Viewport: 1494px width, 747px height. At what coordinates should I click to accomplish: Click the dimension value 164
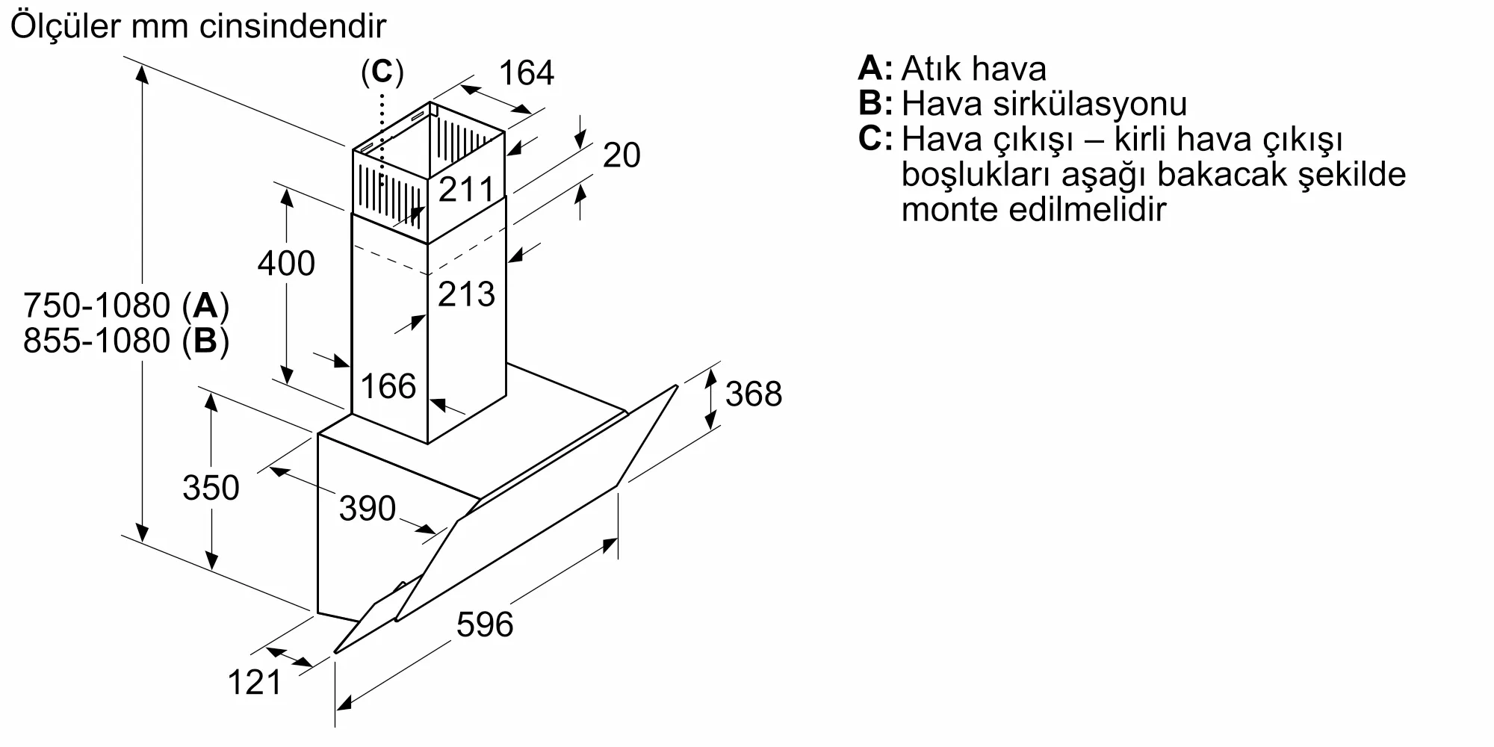pyautogui.click(x=527, y=73)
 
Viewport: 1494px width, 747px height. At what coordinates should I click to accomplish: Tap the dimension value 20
pyautogui.click(x=622, y=155)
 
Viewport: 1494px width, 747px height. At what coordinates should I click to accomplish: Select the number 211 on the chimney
pyautogui.click(x=466, y=190)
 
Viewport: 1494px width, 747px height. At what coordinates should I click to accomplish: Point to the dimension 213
pyautogui.click(x=466, y=294)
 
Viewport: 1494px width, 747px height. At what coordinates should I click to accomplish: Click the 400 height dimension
pyautogui.click(x=286, y=264)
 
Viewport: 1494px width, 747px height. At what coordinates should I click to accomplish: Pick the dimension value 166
pyautogui.click(x=388, y=387)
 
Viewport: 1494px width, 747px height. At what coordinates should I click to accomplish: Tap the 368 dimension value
pyautogui.click(x=753, y=394)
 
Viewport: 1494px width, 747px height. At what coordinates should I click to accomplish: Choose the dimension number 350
pyautogui.click(x=211, y=489)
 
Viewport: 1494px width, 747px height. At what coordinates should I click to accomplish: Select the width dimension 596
pyautogui.click(x=485, y=624)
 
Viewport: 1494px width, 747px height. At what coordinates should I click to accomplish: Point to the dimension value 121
pyautogui.click(x=255, y=683)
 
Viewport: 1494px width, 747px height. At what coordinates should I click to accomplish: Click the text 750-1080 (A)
pyautogui.click(x=125, y=306)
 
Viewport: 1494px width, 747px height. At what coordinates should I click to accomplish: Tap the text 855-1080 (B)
pyautogui.click(x=125, y=341)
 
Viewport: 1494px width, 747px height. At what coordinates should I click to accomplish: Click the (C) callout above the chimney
pyautogui.click(x=382, y=72)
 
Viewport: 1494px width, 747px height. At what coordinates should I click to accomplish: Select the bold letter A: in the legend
pyautogui.click(x=875, y=68)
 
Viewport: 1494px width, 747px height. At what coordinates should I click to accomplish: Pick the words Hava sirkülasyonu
pyautogui.click(x=1044, y=104)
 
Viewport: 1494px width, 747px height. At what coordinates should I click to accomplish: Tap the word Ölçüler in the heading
pyautogui.click(x=66, y=27)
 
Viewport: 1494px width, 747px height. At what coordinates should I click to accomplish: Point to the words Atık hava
pyautogui.click(x=973, y=69)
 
